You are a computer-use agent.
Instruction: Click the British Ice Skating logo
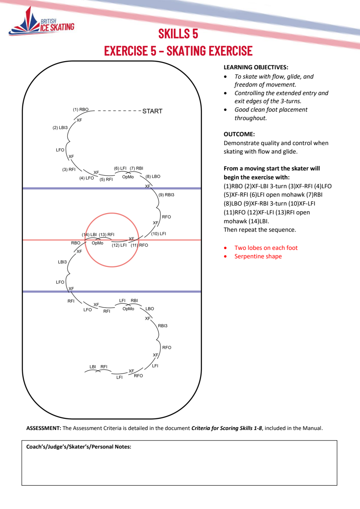point(42,22)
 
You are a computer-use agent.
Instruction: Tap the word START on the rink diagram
point(152,111)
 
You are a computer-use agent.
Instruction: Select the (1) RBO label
point(81,110)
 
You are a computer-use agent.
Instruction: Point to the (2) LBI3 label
point(60,128)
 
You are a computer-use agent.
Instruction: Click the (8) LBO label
point(153,177)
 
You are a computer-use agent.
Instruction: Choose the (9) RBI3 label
point(166,195)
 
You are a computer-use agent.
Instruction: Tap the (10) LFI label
point(159,234)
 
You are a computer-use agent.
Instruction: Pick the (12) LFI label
point(119,245)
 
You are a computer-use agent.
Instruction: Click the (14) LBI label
point(89,235)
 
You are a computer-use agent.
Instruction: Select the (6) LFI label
point(120,168)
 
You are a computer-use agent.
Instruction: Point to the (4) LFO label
point(87,178)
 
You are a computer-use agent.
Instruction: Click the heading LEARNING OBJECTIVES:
point(256,67)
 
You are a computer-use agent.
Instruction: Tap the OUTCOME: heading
point(239,134)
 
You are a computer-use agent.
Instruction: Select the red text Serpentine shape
point(258,256)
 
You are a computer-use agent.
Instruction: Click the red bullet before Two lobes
point(225,248)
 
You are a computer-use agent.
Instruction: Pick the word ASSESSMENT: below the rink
point(44,428)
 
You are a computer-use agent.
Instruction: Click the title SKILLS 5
point(178,33)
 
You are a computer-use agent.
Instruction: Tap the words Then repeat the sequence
point(260,230)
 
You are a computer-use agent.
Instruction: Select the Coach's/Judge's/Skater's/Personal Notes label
point(79,447)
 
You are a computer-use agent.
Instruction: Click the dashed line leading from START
point(119,111)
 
